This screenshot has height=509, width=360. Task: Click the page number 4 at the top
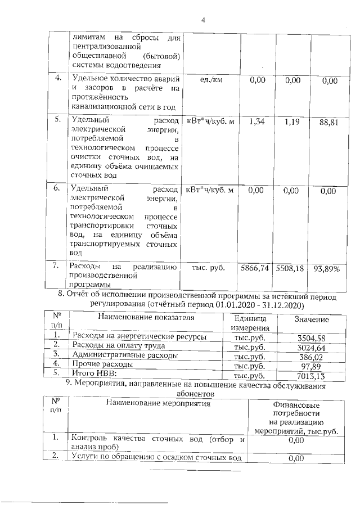tap(204, 21)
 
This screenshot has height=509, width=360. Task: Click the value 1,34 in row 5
tap(256, 121)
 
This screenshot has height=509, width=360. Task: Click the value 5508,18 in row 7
tap(289, 269)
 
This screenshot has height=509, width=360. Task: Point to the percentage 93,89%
tap(327, 269)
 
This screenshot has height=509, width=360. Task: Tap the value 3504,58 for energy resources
tap(312, 337)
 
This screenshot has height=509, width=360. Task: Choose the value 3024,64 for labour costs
tap(312, 346)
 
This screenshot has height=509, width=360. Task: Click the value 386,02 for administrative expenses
tap(313, 355)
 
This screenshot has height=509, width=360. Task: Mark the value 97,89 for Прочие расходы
tap(315, 364)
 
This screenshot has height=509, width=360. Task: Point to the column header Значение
tap(312, 319)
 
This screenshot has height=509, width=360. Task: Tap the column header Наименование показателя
tap(146, 317)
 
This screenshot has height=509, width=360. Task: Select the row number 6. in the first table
tap(56, 189)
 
